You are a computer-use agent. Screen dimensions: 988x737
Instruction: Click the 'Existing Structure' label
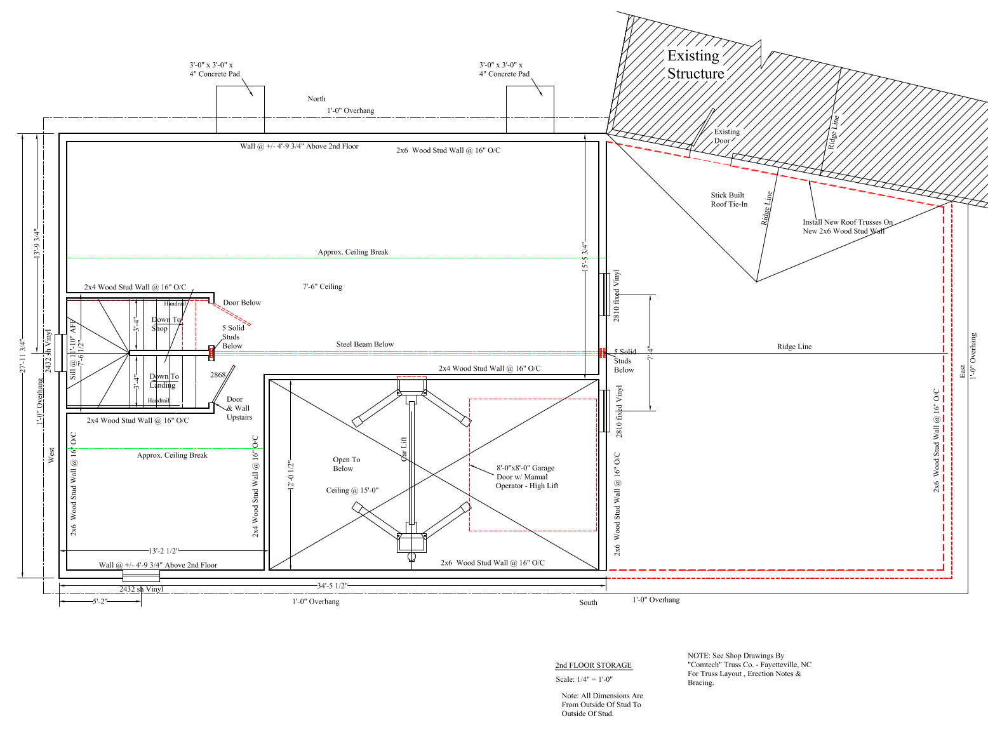pyautogui.click(x=695, y=64)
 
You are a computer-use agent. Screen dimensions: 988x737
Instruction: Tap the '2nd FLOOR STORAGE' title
pyautogui.click(x=593, y=665)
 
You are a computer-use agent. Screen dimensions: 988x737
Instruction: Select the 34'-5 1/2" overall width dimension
pyautogui.click(x=332, y=585)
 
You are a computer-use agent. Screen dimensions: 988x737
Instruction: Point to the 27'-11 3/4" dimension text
pyautogui.click(x=22, y=356)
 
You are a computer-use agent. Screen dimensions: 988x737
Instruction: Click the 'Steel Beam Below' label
pyautogui.click(x=364, y=344)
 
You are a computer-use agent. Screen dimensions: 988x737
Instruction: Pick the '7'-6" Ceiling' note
pyautogui.click(x=323, y=287)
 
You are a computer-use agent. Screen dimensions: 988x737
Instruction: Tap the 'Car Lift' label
pyautogui.click(x=403, y=449)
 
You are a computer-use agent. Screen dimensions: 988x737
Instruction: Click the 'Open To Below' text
pyautogui.click(x=346, y=464)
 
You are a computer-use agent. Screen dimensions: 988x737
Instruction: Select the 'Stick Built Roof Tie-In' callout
pyautogui.click(x=729, y=199)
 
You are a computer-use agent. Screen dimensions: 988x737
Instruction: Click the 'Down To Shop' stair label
pyautogui.click(x=166, y=324)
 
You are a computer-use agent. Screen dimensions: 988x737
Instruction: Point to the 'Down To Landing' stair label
pyautogui.click(x=164, y=381)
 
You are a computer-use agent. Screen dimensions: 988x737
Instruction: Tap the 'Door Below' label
pyautogui.click(x=242, y=303)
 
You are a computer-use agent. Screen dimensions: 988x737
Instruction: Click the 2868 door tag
pyautogui.click(x=218, y=375)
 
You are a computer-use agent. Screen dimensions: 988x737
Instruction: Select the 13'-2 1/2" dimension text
pyautogui.click(x=163, y=551)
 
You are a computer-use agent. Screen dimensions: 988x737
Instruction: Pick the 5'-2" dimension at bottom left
pyautogui.click(x=100, y=602)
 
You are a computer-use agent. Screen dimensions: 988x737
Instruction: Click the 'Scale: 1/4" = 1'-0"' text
pyautogui.click(x=584, y=679)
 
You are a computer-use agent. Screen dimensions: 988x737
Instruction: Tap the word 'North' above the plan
pyautogui.click(x=316, y=98)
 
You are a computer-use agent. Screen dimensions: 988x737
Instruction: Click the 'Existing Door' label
pyautogui.click(x=726, y=136)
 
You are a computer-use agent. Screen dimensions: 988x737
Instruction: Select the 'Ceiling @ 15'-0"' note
pyautogui.click(x=352, y=491)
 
